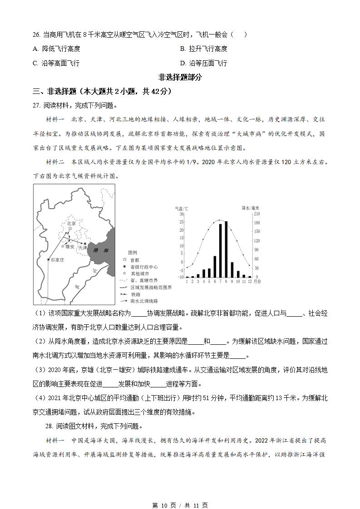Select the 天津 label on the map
(82, 248)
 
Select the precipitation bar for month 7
(220, 250)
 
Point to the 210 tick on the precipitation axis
(257, 214)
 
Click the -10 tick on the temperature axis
(181, 277)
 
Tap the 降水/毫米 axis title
(250, 208)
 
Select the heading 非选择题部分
(180, 77)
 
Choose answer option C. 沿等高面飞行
(56, 63)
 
